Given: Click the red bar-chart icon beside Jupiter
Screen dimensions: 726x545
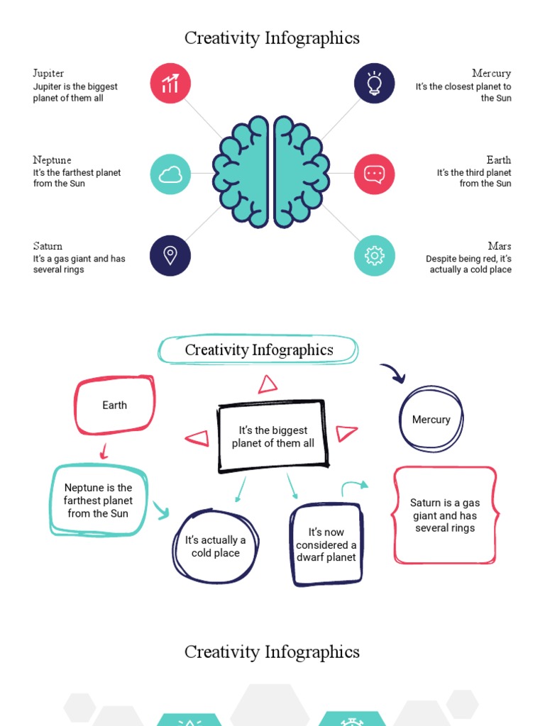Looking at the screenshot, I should click(170, 84).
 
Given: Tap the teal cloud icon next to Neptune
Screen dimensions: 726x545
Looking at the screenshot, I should click(170, 174).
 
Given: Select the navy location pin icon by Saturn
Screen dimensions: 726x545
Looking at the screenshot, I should click(170, 255).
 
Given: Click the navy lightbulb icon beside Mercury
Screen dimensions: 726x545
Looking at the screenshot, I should click(374, 84).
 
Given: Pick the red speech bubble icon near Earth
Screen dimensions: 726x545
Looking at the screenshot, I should click(374, 174).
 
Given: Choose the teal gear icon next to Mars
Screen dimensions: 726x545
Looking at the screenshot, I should click(374, 255).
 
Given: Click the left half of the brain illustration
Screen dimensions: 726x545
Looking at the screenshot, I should click(241, 172).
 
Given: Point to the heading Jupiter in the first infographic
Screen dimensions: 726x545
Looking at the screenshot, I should click(48, 73).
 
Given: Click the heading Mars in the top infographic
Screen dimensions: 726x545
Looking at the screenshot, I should click(500, 246).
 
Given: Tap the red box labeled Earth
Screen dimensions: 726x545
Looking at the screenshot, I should click(114, 406).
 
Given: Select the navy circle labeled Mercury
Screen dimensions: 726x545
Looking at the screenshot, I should click(431, 420).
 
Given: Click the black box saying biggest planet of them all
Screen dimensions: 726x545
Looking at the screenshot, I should click(272, 437).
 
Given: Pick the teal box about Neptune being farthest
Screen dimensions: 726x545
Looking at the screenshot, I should click(98, 501).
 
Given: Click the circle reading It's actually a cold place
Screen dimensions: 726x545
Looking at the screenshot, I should click(215, 547).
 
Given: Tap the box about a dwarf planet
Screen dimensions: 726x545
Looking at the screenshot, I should click(326, 544).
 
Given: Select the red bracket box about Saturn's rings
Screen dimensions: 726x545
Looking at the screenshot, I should click(445, 515).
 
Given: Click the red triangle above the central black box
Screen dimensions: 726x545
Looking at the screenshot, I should click(268, 385).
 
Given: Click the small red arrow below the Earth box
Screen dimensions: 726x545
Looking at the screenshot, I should click(104, 450).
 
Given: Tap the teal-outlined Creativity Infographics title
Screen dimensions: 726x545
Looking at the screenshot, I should click(258, 350).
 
